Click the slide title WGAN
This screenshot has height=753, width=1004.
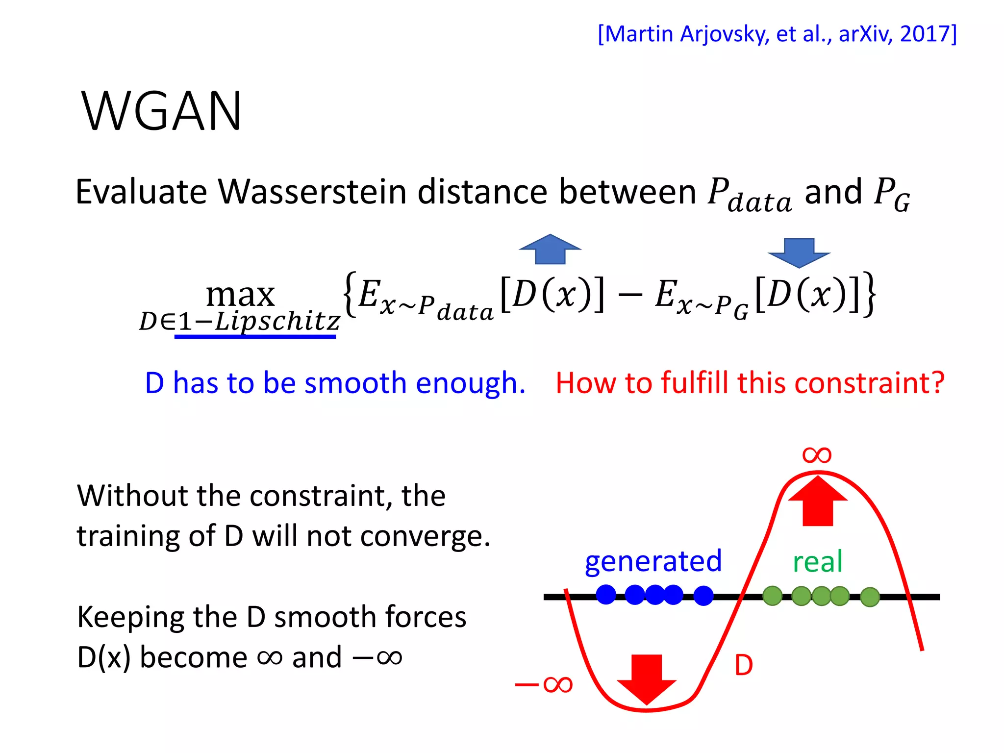click(x=162, y=112)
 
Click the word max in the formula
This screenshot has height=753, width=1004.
click(x=240, y=294)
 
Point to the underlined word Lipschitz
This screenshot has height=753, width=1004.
click(x=277, y=322)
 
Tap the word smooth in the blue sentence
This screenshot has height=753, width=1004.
click(x=355, y=383)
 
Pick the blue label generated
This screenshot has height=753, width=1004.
click(x=653, y=561)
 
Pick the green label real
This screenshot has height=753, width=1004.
click(x=818, y=562)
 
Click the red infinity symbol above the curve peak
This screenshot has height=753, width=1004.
click(x=817, y=455)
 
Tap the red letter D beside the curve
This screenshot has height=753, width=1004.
click(x=744, y=666)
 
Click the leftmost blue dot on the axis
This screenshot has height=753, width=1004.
click(x=606, y=595)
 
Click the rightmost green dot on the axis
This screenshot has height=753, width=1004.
click(x=870, y=597)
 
